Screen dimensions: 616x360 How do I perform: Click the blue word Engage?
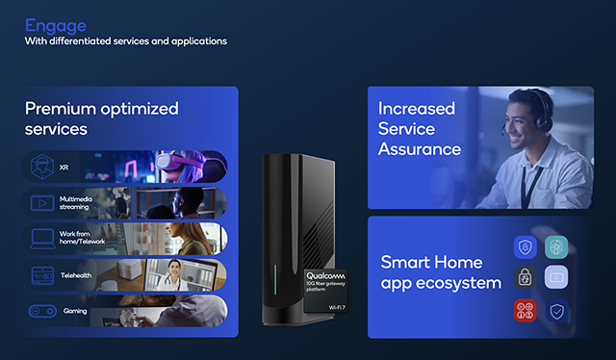click(56, 27)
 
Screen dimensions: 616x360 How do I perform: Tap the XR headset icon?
click(42, 167)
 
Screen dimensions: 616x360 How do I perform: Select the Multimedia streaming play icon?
click(42, 203)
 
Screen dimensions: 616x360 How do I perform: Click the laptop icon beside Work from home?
click(42, 239)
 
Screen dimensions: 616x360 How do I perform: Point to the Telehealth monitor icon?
click(42, 275)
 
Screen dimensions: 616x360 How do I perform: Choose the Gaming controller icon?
click(42, 311)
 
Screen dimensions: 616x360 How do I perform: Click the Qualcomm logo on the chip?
click(325, 276)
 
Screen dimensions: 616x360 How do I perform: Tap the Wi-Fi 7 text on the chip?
click(337, 307)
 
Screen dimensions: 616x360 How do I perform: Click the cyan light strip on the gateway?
click(275, 279)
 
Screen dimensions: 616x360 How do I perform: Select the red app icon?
click(525, 310)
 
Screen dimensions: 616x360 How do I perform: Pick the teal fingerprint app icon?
click(556, 247)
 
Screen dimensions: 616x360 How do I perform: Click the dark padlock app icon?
click(525, 277)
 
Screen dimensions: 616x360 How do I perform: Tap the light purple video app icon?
click(556, 277)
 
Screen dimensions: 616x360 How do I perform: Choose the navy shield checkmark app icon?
click(556, 311)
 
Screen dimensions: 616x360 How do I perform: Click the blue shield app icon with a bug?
click(525, 247)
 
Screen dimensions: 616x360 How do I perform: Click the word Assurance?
click(420, 149)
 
